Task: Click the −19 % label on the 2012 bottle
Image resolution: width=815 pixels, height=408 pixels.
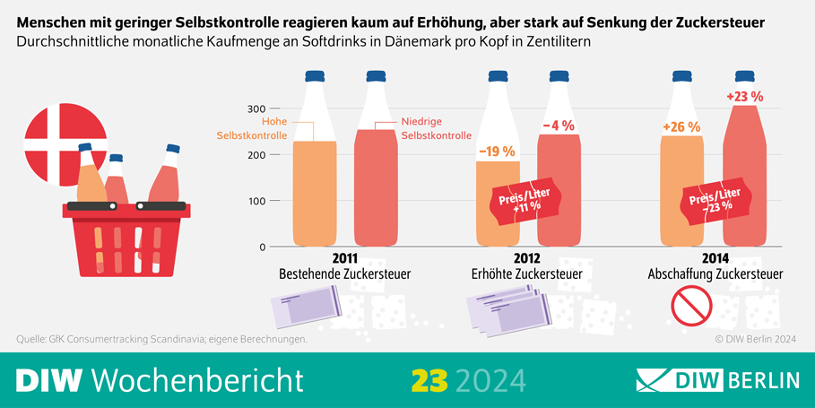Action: click(x=497, y=152)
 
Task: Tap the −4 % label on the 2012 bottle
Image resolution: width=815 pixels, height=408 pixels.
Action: click(x=558, y=126)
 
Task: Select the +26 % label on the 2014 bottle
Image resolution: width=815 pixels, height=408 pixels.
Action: click(x=681, y=127)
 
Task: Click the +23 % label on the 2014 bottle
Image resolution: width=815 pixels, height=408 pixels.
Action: click(x=743, y=96)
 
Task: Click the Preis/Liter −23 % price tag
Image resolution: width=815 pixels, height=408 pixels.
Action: click(x=714, y=199)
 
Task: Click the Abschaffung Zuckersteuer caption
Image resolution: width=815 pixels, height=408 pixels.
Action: click(x=715, y=273)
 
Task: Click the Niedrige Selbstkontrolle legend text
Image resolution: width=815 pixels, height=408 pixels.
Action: click(x=435, y=128)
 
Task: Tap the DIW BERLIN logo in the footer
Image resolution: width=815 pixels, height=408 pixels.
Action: click(x=717, y=380)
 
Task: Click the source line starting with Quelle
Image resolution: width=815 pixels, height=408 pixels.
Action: click(x=162, y=339)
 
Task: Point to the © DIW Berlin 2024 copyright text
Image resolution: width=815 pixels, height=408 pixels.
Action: click(x=755, y=339)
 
